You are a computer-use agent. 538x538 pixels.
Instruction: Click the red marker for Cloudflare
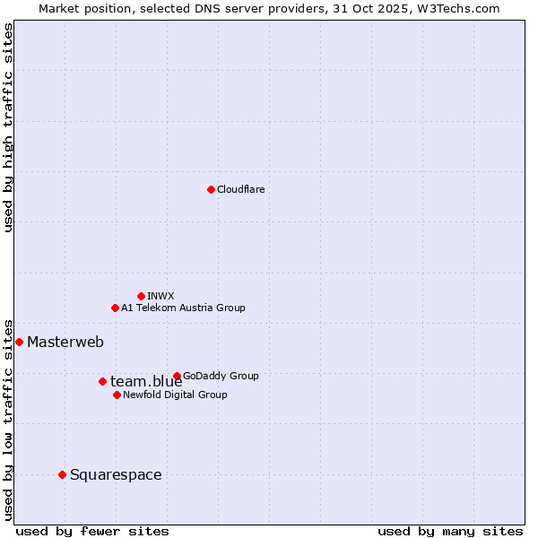coord(211,189)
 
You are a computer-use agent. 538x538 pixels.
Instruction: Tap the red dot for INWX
coord(141,296)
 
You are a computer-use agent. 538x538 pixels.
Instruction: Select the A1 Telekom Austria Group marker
coord(115,308)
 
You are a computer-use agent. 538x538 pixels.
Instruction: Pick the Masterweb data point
coord(19,342)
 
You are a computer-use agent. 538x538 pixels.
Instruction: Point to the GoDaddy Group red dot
coord(177,376)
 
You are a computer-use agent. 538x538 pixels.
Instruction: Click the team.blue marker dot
coord(102,381)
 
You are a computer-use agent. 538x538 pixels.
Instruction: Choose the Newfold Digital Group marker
coord(117,395)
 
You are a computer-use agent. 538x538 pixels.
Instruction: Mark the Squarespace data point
coord(62,474)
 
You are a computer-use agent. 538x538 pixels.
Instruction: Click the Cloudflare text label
coord(240,189)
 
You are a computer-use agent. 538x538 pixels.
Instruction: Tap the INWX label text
coord(161,296)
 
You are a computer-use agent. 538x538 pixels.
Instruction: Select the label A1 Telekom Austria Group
coord(183,308)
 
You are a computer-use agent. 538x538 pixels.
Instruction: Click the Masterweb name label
coord(65,342)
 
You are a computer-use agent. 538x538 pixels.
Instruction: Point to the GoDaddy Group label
coord(221,376)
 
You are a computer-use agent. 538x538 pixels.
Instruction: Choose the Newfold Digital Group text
coord(175,395)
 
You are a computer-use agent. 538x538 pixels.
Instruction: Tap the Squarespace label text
coord(116,474)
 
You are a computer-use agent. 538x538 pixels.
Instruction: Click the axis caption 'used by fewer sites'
coord(92,531)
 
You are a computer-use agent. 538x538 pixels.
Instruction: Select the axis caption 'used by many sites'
coord(450,531)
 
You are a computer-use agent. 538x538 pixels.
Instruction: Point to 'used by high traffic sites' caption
coord(9,128)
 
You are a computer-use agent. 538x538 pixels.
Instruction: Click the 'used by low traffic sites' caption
coord(9,419)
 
